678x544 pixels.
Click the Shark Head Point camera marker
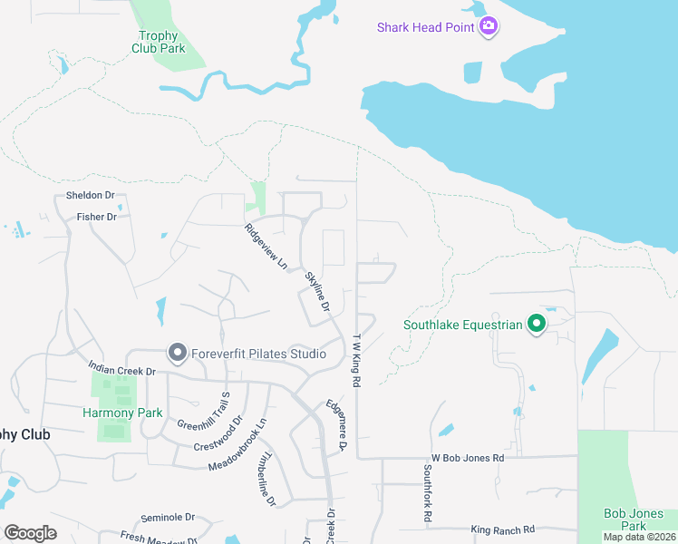click(489, 26)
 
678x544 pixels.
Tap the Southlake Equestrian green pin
click(536, 324)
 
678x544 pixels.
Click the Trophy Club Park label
click(156, 43)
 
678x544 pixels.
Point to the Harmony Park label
click(122, 413)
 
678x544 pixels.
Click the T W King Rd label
click(356, 360)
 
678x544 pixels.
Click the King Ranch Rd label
click(503, 529)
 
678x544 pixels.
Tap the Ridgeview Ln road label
click(266, 248)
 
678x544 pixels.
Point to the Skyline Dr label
click(317, 291)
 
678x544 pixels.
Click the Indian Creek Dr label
click(121, 370)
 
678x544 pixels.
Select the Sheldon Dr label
click(90, 196)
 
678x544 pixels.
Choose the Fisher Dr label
click(97, 217)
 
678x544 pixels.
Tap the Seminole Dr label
click(168, 518)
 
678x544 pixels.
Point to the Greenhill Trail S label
click(204, 412)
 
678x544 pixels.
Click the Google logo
click(30, 533)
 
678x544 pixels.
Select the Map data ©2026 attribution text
click(639, 538)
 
